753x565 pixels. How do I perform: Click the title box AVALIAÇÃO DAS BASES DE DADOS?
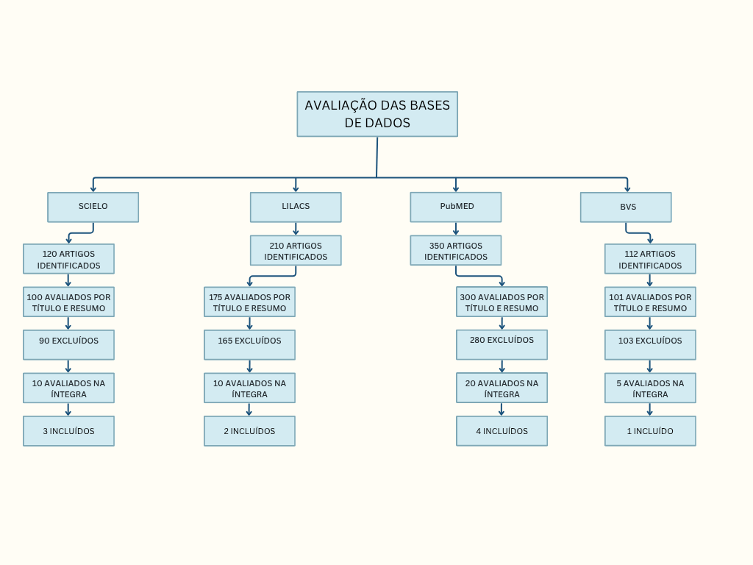[377, 114]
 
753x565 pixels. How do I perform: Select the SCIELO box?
[93, 207]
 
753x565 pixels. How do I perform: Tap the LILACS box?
[296, 207]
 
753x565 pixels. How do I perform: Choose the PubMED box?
[456, 207]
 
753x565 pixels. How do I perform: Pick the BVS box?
[626, 207]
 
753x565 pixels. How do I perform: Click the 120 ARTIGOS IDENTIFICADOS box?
[68, 259]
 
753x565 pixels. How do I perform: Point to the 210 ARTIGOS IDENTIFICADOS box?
[296, 250]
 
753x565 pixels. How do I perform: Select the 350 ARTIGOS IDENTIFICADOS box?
[456, 250]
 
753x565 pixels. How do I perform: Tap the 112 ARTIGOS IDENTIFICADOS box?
[650, 259]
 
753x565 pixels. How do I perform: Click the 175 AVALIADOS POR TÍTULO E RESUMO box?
[249, 302]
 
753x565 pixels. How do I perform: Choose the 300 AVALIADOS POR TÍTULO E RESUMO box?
[502, 302]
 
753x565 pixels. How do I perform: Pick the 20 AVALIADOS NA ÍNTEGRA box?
[502, 388]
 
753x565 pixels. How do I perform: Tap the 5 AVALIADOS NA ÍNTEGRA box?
[650, 388]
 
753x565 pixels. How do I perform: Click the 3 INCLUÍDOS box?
[68, 431]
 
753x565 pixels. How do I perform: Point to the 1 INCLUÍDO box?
[650, 431]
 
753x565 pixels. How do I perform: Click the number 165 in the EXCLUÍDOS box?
[225, 341]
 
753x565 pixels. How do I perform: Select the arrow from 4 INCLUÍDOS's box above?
[502, 410]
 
